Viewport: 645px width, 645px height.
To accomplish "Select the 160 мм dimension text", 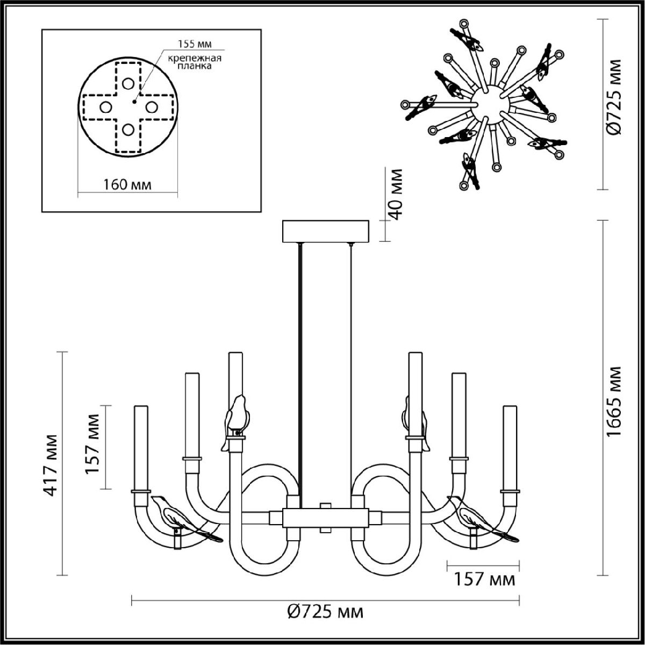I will coord(127,184).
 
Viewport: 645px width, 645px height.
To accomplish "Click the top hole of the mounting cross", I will coord(128,83).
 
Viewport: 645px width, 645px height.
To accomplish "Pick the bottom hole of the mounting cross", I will coord(128,130).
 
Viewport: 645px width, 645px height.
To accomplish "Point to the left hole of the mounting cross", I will coord(105,106).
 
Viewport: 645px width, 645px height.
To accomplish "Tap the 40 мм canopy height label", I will coord(397,194).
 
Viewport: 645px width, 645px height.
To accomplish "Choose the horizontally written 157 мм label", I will coord(484,580).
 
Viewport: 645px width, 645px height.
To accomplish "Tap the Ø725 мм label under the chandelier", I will coord(325,612).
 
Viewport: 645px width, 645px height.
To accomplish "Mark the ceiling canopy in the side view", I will coord(326,231).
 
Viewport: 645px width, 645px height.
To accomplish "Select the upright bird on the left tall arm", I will coord(236,417).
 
